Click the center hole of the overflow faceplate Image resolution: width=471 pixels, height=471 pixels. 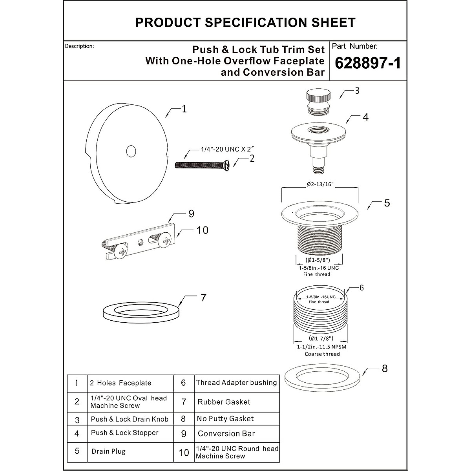(131, 151)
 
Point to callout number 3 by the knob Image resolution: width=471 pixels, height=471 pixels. (357, 91)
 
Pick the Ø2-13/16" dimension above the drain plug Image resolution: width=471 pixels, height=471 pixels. (320, 184)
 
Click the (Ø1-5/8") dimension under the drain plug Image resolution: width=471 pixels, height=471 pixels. (318, 260)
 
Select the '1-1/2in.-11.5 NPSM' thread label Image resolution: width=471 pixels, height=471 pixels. (322, 347)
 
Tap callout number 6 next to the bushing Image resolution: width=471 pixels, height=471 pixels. (361, 288)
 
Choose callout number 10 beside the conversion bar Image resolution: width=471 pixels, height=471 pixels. (202, 230)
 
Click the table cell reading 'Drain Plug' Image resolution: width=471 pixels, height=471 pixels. (109, 451)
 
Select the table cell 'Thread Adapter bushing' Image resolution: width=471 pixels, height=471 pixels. (236, 383)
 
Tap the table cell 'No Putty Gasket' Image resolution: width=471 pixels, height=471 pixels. (225, 419)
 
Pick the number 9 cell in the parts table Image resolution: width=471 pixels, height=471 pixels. (183, 434)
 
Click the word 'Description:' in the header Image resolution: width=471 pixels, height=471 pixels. (80, 46)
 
